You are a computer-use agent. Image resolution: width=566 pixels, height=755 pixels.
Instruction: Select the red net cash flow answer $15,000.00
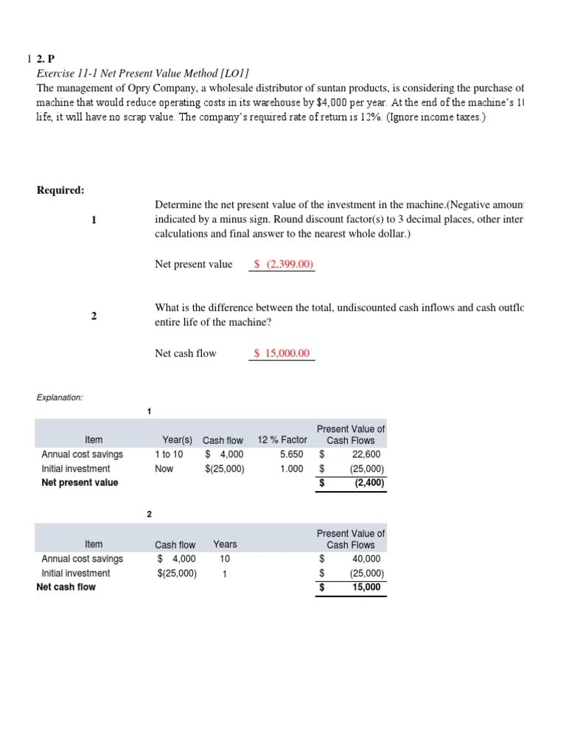click(x=282, y=353)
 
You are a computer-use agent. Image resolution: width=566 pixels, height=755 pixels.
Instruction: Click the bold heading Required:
click(x=60, y=190)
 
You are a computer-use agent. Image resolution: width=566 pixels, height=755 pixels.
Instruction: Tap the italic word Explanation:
click(x=60, y=397)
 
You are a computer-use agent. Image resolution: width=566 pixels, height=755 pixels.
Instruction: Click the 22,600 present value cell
click(x=366, y=454)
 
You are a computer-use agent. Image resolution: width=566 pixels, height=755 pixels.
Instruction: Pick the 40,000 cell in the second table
click(x=366, y=559)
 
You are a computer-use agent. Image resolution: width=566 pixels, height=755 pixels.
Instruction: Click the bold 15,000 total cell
click(x=367, y=587)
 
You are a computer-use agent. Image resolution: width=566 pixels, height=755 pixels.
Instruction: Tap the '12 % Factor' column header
click(x=282, y=440)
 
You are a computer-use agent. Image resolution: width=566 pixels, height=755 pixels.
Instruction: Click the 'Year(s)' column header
click(x=177, y=440)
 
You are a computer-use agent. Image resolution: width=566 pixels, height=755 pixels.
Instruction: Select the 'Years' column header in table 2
click(x=225, y=545)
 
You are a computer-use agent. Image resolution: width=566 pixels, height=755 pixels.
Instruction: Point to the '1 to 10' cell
click(x=169, y=454)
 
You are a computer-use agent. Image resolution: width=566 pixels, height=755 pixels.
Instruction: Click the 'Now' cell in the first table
click(x=164, y=468)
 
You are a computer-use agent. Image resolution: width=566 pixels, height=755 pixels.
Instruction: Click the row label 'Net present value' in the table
click(x=80, y=483)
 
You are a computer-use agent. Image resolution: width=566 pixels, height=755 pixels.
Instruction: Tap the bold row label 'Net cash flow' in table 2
click(x=66, y=587)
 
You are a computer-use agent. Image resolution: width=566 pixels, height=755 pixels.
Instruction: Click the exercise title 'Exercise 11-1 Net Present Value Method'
click(x=142, y=72)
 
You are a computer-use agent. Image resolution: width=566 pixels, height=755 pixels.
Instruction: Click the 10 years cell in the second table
click(x=225, y=559)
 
